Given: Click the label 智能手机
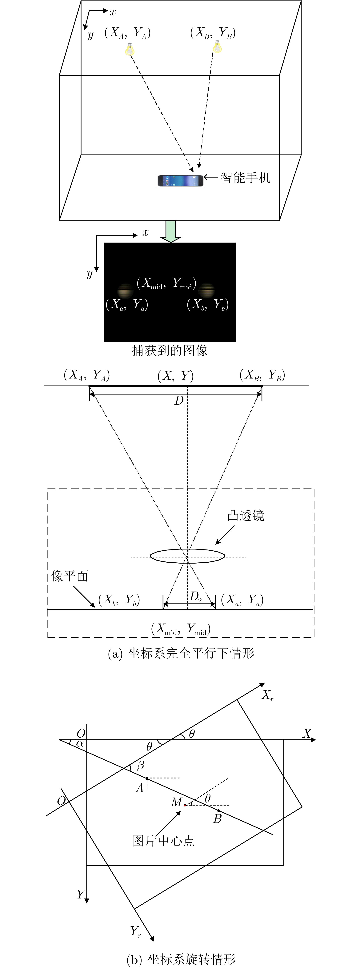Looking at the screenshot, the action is tap(246, 178).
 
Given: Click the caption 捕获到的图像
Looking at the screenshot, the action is tap(170, 350).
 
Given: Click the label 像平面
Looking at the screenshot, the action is tap(70, 576).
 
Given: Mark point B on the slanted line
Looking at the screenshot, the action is tap(219, 810).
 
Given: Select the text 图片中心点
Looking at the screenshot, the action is tap(164, 841).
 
